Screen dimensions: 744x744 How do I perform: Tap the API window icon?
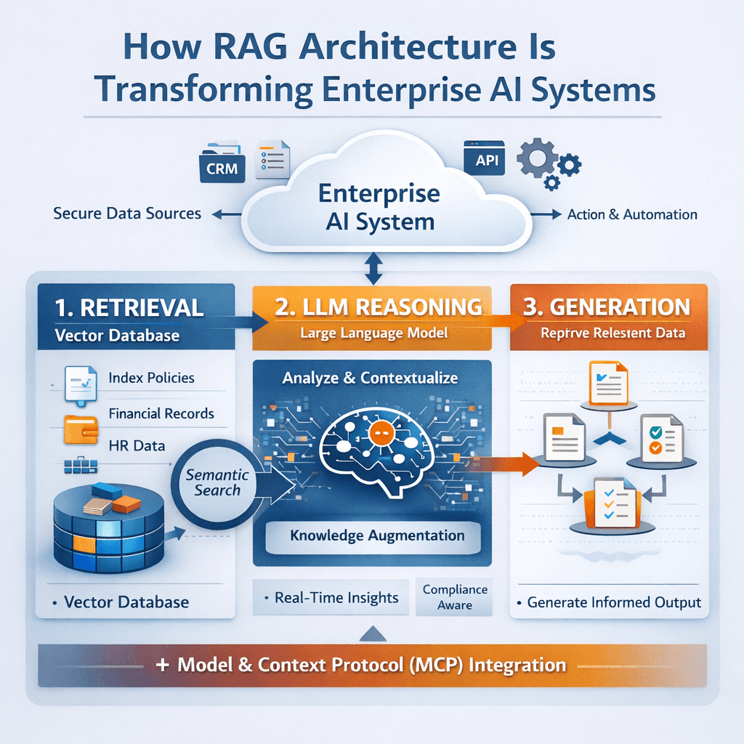tap(483, 158)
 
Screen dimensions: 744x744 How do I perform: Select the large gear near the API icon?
tap(536, 159)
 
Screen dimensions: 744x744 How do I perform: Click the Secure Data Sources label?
tap(127, 214)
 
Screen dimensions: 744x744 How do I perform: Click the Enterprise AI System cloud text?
tap(378, 206)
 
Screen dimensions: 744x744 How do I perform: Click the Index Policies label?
tap(151, 378)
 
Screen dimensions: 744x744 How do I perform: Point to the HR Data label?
tap(137, 445)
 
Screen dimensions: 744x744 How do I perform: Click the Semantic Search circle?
tap(217, 482)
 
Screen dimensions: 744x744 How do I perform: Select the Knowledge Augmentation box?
tap(377, 536)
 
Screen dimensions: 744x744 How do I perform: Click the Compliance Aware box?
tap(455, 597)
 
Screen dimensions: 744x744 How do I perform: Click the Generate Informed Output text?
tap(614, 602)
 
